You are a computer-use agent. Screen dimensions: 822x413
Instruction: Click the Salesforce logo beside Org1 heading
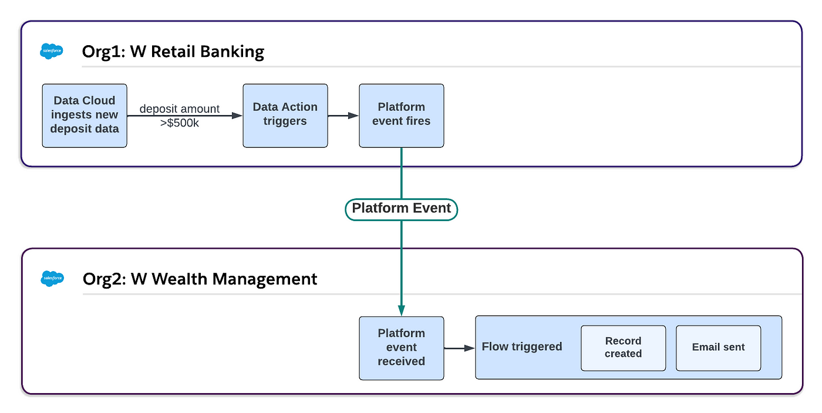click(x=52, y=51)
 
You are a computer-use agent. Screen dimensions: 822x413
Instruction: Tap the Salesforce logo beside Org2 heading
click(x=52, y=279)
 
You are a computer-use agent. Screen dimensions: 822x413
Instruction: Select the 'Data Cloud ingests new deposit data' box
click(x=85, y=116)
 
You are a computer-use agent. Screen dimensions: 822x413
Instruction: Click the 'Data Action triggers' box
click(x=285, y=116)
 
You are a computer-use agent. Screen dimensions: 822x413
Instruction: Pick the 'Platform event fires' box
click(x=402, y=116)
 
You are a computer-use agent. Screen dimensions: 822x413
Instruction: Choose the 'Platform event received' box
click(x=402, y=348)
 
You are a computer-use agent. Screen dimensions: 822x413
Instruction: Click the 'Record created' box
click(x=623, y=348)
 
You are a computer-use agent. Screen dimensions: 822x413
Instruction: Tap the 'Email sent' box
click(x=718, y=348)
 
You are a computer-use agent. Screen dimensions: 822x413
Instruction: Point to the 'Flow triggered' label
click(x=522, y=347)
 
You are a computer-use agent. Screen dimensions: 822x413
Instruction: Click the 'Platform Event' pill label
click(x=402, y=209)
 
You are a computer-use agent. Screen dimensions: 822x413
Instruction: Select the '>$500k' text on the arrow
click(x=180, y=123)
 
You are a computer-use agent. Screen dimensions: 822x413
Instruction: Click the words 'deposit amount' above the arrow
click(x=180, y=109)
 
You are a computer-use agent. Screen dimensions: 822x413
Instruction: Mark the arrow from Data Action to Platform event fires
click(x=343, y=116)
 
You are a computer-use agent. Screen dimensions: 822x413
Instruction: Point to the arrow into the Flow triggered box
click(x=459, y=348)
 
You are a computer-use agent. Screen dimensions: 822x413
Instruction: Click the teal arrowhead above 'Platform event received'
click(x=402, y=310)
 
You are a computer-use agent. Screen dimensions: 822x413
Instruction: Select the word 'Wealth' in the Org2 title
click(x=180, y=279)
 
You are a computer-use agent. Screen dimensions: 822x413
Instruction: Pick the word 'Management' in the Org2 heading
click(x=265, y=279)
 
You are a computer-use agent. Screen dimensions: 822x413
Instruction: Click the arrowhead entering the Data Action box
click(x=237, y=116)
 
